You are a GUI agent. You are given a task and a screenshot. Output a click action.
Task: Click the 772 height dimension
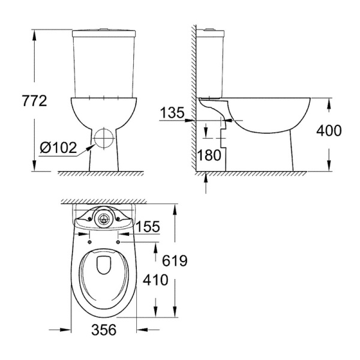pos(35,101)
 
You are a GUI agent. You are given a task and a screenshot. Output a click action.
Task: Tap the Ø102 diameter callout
pos(58,148)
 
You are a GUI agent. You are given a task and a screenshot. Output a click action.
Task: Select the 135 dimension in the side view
pos(172,113)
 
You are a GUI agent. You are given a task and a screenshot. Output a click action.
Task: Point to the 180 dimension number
pos(209,155)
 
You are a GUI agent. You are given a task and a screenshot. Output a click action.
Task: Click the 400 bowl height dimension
pos(329,130)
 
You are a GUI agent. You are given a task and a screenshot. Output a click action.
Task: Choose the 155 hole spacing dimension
pos(148,226)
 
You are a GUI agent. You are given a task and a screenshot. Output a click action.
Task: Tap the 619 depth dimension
pos(175,261)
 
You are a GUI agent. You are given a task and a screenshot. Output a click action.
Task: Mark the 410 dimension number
pos(155,280)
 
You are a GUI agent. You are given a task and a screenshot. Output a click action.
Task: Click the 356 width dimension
pos(104,329)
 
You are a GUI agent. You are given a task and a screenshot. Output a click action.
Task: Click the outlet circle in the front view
pos(104,138)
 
